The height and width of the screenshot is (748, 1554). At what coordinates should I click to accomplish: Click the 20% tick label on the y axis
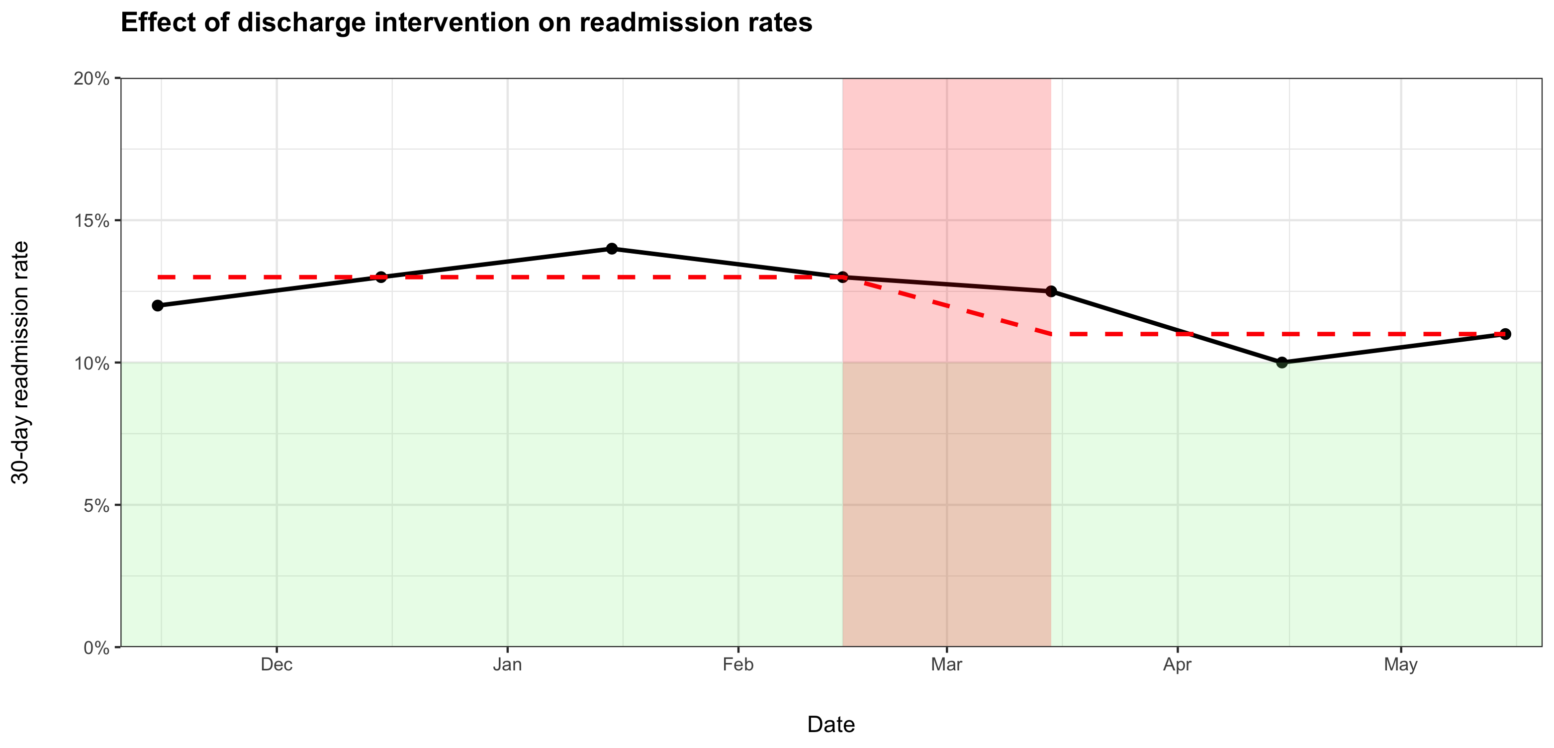tap(91, 79)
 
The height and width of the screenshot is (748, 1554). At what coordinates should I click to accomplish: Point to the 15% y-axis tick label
tap(91, 221)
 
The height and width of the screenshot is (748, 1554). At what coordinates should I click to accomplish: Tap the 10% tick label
tap(91, 363)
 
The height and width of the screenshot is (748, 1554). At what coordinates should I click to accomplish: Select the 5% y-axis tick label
tap(96, 505)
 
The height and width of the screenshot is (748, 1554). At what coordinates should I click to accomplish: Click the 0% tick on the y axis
tap(96, 648)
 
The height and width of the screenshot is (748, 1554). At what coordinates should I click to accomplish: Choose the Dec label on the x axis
tap(276, 665)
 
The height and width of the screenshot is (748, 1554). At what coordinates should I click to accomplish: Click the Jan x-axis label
tap(507, 665)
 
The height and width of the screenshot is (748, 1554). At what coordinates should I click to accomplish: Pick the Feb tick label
tap(738, 665)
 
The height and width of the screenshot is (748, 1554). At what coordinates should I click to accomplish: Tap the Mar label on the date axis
tap(946, 665)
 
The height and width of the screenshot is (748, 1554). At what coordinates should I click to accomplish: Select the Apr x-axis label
tap(1178, 665)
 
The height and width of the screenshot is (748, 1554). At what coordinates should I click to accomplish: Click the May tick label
tap(1401, 665)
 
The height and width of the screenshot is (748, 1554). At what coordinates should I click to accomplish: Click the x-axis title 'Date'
tap(830, 725)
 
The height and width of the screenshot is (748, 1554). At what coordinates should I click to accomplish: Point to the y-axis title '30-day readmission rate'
tap(20, 363)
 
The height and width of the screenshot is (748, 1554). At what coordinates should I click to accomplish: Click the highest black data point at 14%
tap(612, 249)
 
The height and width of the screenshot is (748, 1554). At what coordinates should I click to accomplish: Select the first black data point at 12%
tap(158, 305)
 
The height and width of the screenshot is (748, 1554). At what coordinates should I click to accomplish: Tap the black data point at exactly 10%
tap(1282, 362)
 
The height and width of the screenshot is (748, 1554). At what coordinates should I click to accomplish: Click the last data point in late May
tap(1505, 334)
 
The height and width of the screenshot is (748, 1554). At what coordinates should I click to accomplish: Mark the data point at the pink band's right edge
tap(1051, 291)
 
